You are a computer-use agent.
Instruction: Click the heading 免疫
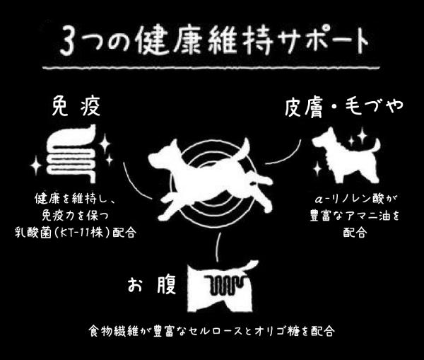tap(76, 106)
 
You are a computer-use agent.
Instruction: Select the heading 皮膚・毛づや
tap(344, 108)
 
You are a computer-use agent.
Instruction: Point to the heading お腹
tap(152, 285)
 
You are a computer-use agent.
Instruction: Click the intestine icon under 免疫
tap(71, 153)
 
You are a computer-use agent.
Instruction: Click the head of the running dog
tap(162, 158)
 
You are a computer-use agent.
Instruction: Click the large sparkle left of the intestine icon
tap(36, 165)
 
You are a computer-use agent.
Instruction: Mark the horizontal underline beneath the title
tap(211, 67)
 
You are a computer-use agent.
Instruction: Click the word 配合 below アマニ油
tap(355, 232)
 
